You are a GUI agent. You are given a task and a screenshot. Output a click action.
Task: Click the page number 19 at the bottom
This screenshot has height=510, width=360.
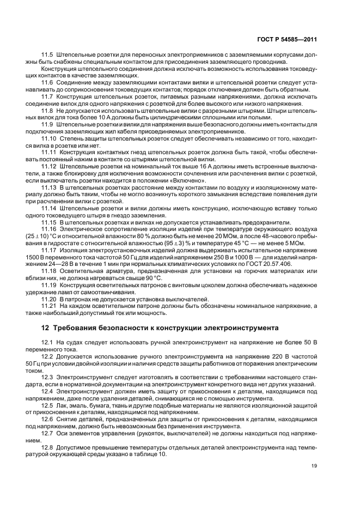pos(314,465)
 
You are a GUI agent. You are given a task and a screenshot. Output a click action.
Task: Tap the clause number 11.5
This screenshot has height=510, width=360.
pos(47,56)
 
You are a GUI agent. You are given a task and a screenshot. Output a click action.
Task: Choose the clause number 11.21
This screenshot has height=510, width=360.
pos(49,306)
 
